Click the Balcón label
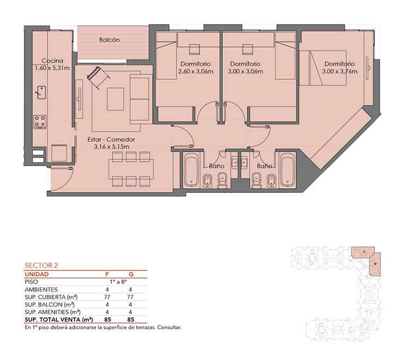109,40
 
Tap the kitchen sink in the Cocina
42,92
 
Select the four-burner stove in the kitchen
40,122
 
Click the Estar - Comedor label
111,139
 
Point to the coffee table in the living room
115,99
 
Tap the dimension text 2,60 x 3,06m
196,72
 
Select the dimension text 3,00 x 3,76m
340,72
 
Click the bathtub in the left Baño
191,170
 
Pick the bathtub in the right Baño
287,170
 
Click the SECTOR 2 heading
42,265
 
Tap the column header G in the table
131,274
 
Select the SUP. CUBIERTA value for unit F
107,297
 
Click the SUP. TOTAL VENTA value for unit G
131,320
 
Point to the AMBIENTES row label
41,290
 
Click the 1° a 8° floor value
119,282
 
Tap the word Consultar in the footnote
169,327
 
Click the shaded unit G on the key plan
375,264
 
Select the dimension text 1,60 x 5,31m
52,68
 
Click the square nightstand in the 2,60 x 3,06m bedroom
194,49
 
